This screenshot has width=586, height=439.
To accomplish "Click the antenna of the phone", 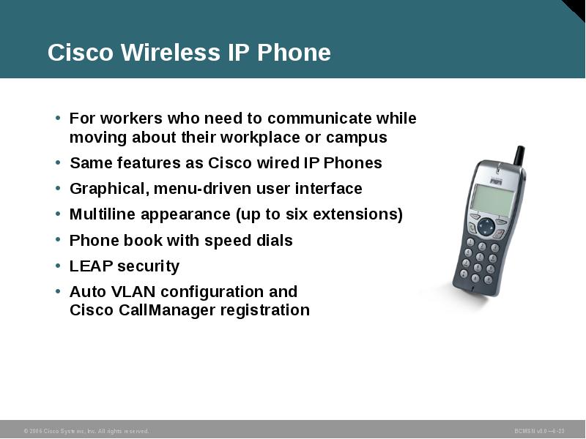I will (518, 156).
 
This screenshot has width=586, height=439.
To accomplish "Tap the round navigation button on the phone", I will (486, 226).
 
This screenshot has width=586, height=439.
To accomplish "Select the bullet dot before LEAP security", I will (58, 266).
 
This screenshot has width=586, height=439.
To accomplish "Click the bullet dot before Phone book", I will (58, 240).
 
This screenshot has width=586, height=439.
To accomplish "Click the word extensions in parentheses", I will (362, 214).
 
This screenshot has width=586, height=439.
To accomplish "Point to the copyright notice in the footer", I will (86, 432).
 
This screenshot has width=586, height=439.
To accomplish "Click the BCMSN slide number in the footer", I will (539, 432).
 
